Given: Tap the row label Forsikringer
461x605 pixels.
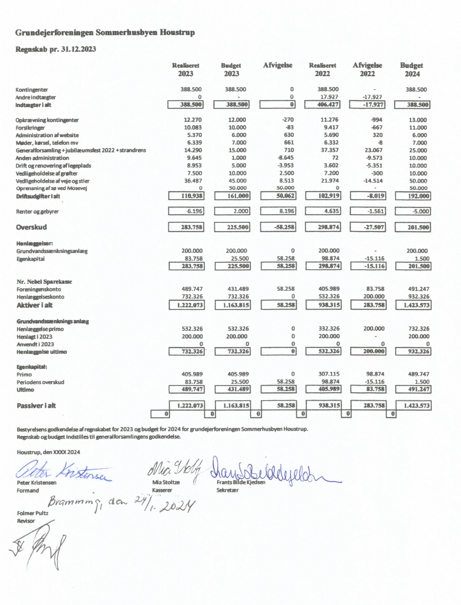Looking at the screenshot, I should pyautogui.click(x=30, y=128).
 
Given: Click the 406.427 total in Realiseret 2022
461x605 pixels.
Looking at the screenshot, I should pyautogui.click(x=322, y=105).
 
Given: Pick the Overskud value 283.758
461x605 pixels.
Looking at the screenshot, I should pyautogui.click(x=186, y=227).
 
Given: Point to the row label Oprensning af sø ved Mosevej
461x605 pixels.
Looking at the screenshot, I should pyautogui.click(x=52, y=188).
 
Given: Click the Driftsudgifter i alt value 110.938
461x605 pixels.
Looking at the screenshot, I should pyautogui.click(x=186, y=196).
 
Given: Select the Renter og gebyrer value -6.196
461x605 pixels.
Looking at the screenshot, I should pyautogui.click(x=186, y=211).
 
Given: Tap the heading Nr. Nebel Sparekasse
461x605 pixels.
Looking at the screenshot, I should pyautogui.click(x=44, y=282).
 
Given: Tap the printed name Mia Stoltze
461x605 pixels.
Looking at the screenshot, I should pyautogui.click(x=166, y=482).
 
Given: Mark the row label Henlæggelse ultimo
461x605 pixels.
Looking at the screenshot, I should pyautogui.click(x=42, y=352).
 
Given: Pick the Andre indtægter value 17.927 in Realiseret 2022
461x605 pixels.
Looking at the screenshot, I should pyautogui.click(x=329, y=97).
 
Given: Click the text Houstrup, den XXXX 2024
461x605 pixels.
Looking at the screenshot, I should pyautogui.click(x=48, y=452).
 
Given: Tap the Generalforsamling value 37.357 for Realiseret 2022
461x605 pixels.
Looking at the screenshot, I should pyautogui.click(x=329, y=150).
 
